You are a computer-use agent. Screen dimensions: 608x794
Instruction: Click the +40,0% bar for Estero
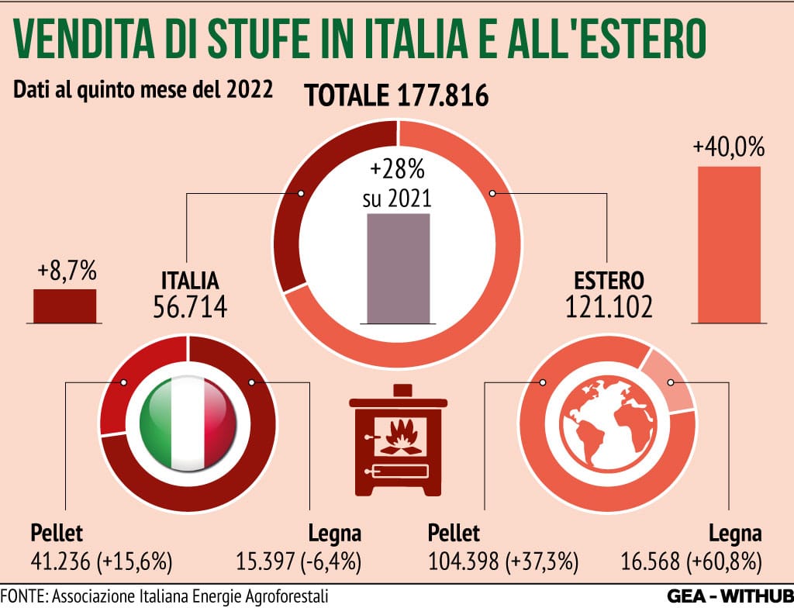[x=729, y=244]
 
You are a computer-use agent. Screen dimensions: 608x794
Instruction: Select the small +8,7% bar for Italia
[x=64, y=306]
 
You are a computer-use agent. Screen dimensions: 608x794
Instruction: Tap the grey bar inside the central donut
[x=398, y=268]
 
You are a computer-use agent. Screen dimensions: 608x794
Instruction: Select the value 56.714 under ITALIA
[x=190, y=309]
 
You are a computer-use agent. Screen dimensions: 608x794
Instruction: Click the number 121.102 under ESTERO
[x=609, y=309]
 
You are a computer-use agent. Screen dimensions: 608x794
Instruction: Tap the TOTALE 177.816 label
[x=396, y=96]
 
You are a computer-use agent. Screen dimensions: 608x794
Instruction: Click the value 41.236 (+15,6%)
[x=101, y=561]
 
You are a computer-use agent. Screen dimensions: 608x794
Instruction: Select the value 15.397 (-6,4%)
[x=299, y=561]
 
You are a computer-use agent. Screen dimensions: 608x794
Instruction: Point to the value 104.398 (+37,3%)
[x=505, y=561]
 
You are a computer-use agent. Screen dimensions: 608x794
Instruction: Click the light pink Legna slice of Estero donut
[x=671, y=378]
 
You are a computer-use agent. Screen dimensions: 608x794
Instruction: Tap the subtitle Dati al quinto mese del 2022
[x=143, y=88]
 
